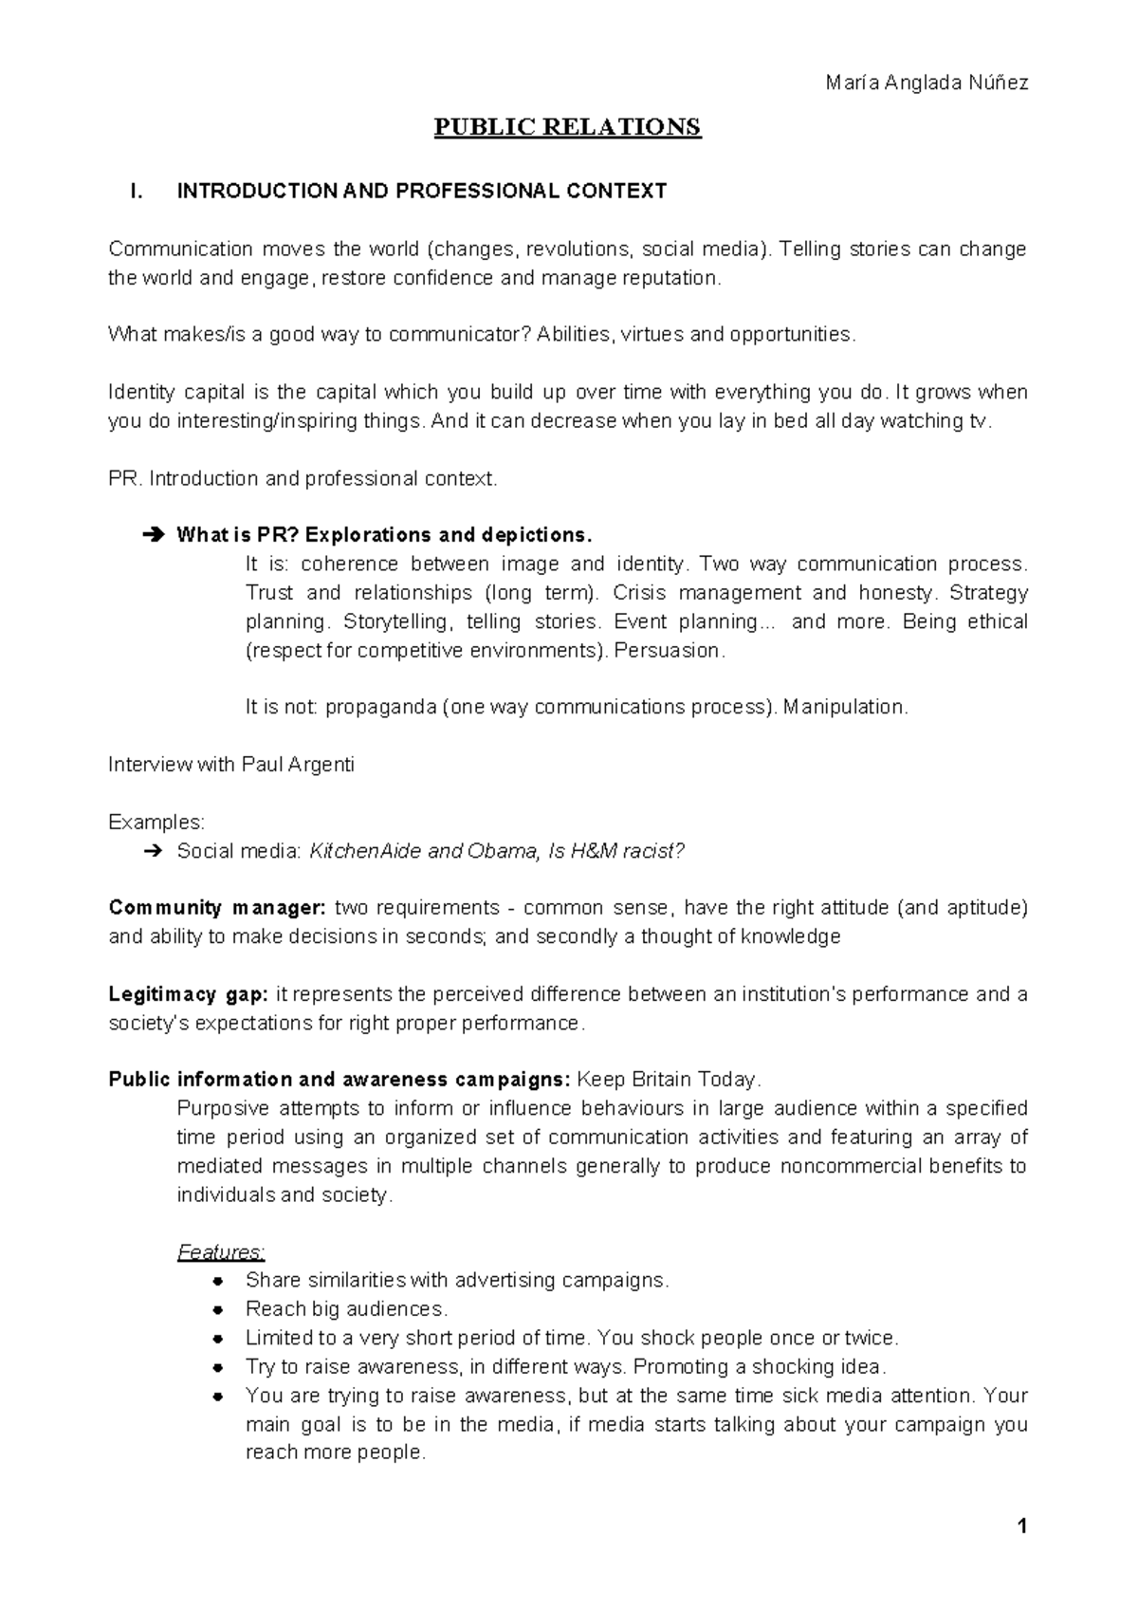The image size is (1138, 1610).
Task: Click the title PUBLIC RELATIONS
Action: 567,127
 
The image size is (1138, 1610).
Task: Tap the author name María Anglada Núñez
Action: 927,83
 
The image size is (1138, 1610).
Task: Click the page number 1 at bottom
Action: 1021,1527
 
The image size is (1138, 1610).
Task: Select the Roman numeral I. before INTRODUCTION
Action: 136,192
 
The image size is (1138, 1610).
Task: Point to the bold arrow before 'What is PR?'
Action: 152,535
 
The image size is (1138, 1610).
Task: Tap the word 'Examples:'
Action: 156,822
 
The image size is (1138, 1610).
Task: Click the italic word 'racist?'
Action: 651,851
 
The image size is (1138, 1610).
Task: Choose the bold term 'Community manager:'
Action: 217,908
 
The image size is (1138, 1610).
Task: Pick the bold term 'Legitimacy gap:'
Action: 189,994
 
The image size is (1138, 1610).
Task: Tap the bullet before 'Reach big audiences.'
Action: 219,1310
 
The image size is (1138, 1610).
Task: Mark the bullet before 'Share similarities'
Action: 219,1282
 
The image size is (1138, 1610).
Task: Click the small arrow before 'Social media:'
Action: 152,851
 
